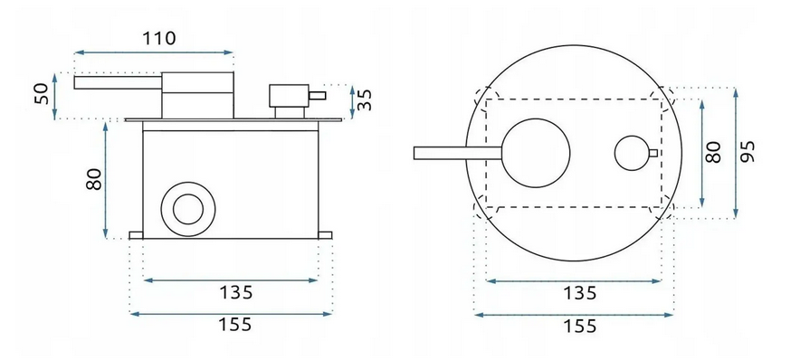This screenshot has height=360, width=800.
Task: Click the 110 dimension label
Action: coord(158,38)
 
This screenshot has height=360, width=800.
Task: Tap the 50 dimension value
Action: coord(42,94)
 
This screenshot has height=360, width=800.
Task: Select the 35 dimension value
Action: coord(365,99)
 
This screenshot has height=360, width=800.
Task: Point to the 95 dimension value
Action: coord(747,151)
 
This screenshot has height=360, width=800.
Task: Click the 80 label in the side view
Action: coord(94,179)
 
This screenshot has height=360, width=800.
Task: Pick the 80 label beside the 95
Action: coord(713,151)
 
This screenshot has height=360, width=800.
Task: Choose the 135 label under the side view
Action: coord(235,293)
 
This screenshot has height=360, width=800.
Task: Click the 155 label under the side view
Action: coord(235,325)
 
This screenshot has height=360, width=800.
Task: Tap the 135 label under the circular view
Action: coord(579,293)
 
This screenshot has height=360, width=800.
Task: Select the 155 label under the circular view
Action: coord(579,326)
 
